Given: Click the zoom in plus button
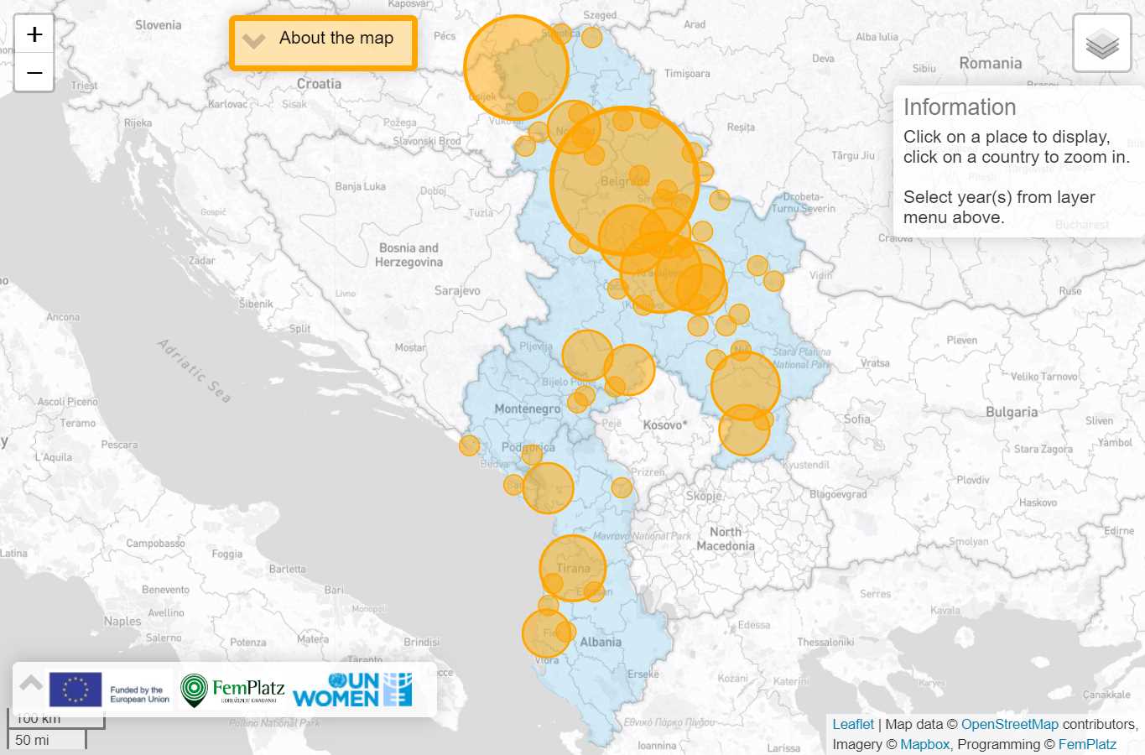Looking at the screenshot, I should pyautogui.click(x=34, y=34).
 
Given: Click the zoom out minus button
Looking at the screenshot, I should pyautogui.click(x=34, y=73).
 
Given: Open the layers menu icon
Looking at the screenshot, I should pyautogui.click(x=1101, y=44).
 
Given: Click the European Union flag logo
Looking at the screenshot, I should pyautogui.click(x=75, y=690).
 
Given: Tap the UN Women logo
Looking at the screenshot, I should pyautogui.click(x=352, y=690).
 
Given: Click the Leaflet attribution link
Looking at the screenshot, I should pyautogui.click(x=852, y=724).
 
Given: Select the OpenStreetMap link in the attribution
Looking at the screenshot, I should pyautogui.click(x=1009, y=724).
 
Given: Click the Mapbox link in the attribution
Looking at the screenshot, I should pyautogui.click(x=924, y=744).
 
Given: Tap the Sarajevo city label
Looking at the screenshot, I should pyautogui.click(x=457, y=291).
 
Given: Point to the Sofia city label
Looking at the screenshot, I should pyautogui.click(x=856, y=419).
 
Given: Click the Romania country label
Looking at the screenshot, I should pyautogui.click(x=990, y=64).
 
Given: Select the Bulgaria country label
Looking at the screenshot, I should pyautogui.click(x=1012, y=412).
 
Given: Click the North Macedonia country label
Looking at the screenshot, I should pyautogui.click(x=726, y=539).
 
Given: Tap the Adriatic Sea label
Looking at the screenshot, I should pyautogui.click(x=194, y=370).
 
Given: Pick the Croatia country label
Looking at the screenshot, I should pyautogui.click(x=319, y=84).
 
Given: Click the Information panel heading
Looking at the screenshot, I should pyautogui.click(x=960, y=107).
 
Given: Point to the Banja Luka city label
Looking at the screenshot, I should pyautogui.click(x=360, y=186).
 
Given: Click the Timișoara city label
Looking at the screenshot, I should pyautogui.click(x=687, y=74).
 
